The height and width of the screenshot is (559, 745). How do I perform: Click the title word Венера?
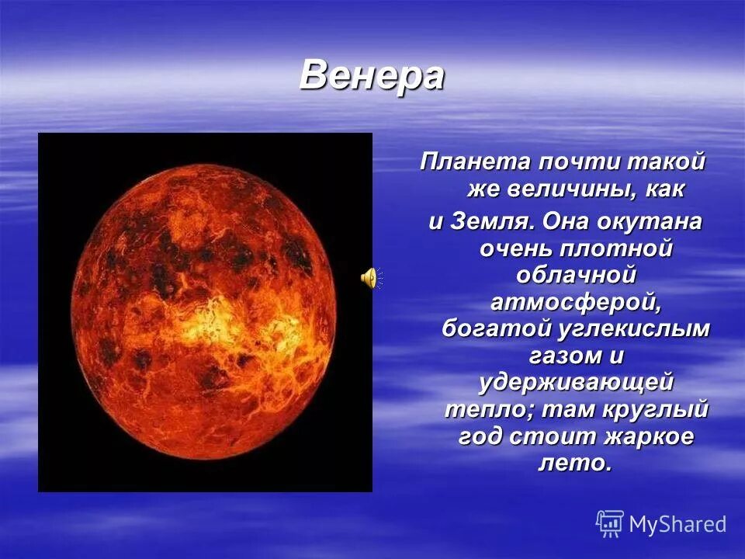tap(372, 75)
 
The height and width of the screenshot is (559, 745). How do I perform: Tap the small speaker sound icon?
tap(369, 277)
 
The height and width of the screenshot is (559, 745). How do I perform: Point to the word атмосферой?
tap(575, 301)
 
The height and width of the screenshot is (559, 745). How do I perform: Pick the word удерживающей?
tap(575, 382)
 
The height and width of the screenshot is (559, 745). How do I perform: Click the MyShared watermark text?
tap(677, 524)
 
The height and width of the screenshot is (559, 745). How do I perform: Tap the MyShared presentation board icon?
tap(610, 524)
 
